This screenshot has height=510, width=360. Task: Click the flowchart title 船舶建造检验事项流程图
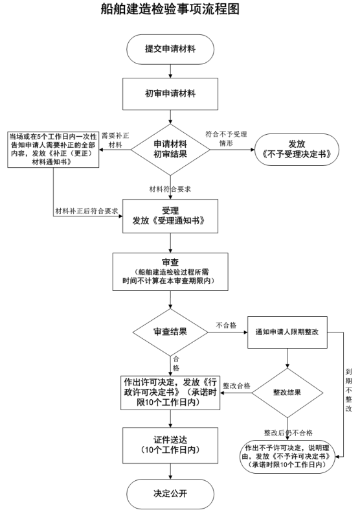pos(170,9)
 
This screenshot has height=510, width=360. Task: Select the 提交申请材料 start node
pos(170,49)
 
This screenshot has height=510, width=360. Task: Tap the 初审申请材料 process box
pos(170,94)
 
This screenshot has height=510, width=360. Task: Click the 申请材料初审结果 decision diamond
pos(170,149)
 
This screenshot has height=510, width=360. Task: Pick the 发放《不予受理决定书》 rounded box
pos(297,150)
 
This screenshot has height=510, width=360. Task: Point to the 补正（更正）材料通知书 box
pos(53,149)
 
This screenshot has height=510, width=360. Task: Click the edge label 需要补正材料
pos(115,140)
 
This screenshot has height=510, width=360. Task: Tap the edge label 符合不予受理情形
pos(226,139)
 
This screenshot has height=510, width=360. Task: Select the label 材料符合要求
pos(170,189)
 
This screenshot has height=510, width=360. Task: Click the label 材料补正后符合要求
pos(87,211)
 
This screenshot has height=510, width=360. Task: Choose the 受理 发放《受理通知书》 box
pos(170,216)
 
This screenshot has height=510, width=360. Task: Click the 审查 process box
pos(170,272)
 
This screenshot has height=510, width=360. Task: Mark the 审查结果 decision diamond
pos(170,332)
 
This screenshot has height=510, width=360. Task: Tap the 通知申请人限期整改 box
pos(287,332)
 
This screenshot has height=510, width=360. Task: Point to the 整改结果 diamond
pos(287,393)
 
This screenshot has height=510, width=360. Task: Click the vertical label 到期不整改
pos(348,390)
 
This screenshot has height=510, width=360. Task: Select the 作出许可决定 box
pos(170,393)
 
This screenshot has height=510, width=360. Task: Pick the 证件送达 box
pos(170,445)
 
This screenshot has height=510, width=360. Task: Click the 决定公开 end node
pos(170,493)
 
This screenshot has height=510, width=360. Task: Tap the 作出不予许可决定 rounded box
pos(287,456)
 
